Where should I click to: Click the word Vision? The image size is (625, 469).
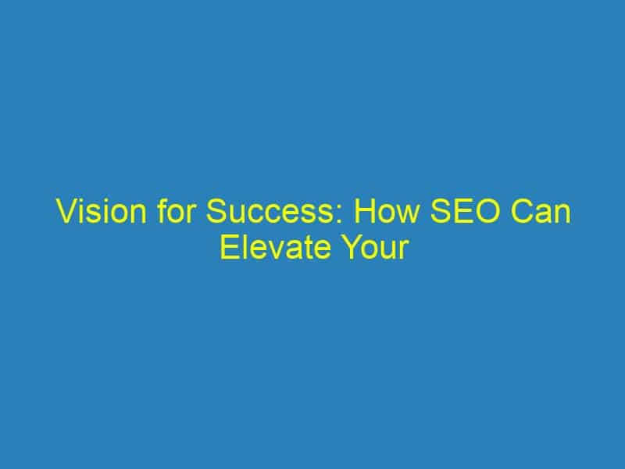(x=102, y=211)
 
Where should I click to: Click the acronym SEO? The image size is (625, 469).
(x=465, y=211)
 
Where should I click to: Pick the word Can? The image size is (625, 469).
(x=541, y=211)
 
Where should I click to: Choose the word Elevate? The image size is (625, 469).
(x=276, y=247)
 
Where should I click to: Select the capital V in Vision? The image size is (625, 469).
(x=68, y=211)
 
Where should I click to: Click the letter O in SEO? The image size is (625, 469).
(x=487, y=211)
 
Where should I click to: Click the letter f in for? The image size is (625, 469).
(x=162, y=211)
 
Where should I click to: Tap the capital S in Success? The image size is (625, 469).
(x=217, y=211)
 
